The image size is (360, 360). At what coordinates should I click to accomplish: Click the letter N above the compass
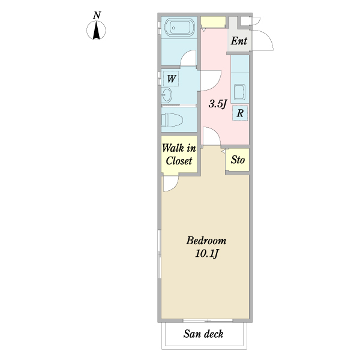click(x=97, y=16)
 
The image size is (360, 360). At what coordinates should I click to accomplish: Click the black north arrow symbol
click(x=96, y=30)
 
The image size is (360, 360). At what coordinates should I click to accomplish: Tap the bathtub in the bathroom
click(x=179, y=28)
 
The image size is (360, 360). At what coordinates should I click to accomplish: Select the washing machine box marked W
click(x=171, y=79)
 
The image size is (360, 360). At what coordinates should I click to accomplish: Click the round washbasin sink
click(x=166, y=95)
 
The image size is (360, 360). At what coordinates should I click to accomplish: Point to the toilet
click(x=172, y=120)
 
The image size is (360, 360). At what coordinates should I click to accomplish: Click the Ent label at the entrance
click(x=239, y=41)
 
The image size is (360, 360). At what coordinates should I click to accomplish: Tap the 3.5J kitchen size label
click(x=218, y=104)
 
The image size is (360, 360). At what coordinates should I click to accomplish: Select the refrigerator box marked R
click(x=240, y=113)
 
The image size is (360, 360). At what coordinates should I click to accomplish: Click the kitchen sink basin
click(x=239, y=92)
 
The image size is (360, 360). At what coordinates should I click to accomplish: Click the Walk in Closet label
click(x=179, y=155)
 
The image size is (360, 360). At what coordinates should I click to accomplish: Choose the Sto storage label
click(x=238, y=160)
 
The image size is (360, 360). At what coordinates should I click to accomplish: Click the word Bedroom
click(x=206, y=241)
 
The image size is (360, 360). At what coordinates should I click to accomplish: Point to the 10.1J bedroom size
click(x=206, y=254)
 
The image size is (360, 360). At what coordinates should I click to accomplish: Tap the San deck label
click(x=203, y=334)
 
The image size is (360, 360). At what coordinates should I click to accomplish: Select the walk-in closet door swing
click(x=174, y=187)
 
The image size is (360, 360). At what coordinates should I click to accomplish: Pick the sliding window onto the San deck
click(x=208, y=320)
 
